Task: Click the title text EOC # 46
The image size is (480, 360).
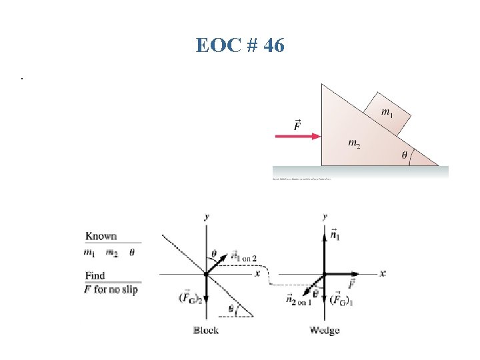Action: pyautogui.click(x=240, y=45)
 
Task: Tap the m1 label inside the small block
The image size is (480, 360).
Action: pyautogui.click(x=386, y=113)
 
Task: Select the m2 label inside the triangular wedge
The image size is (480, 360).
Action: pyautogui.click(x=355, y=143)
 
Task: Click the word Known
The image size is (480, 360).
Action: pyautogui.click(x=101, y=236)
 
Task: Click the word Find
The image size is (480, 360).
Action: pyautogui.click(x=95, y=275)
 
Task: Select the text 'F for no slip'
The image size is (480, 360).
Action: pyautogui.click(x=111, y=289)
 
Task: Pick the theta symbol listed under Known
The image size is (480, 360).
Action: pyautogui.click(x=131, y=252)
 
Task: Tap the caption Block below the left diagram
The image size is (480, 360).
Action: pyautogui.click(x=206, y=331)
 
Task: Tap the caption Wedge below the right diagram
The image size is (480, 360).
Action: pyautogui.click(x=325, y=331)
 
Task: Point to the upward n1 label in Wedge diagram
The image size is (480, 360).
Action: pyautogui.click(x=335, y=235)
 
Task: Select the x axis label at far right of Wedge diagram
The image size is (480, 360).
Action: pyautogui.click(x=383, y=273)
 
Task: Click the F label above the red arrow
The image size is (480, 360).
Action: pyautogui.click(x=297, y=125)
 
